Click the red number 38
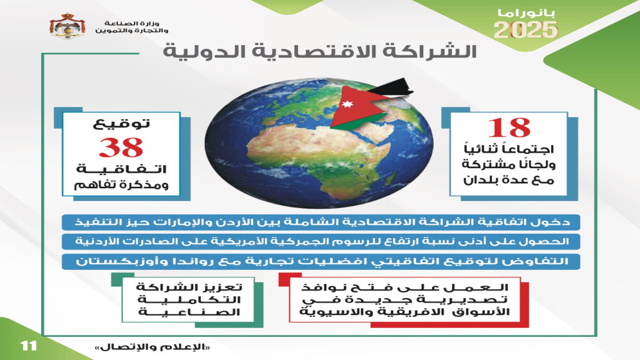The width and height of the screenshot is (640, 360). [121, 147]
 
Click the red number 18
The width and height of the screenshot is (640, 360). [509, 128]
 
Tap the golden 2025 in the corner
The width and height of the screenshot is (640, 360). [525, 30]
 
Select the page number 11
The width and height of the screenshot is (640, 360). [28, 346]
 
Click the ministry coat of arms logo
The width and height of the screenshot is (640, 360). [68, 26]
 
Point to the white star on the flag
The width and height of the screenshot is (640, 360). [347, 104]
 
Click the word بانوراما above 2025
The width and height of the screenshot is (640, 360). [527, 13]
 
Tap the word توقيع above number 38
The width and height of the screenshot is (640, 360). [121, 123]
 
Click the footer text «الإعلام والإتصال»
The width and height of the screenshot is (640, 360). [153, 347]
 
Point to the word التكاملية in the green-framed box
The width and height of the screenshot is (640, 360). [189, 300]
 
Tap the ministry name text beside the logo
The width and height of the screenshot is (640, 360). [131, 27]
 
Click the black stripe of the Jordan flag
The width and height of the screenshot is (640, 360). [393, 87]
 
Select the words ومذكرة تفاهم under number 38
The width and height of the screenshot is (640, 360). [121, 185]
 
